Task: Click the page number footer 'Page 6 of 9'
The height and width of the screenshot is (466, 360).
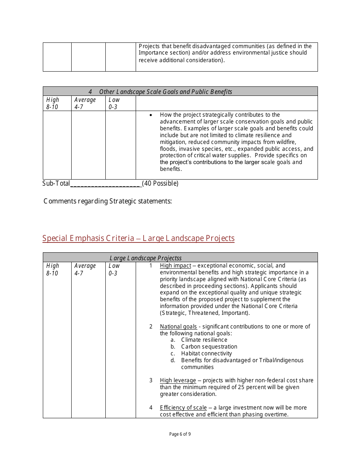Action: pyautogui.click(x=180, y=434)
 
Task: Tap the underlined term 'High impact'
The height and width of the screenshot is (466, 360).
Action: pyautogui.click(x=175, y=266)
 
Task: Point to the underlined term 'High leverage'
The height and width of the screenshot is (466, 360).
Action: pyautogui.click(x=178, y=380)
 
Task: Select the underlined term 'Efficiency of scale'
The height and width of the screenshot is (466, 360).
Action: pyautogui.click(x=183, y=408)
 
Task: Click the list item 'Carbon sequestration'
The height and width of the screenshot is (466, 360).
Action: pyautogui.click(x=209, y=347)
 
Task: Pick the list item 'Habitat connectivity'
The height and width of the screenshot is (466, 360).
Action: pyautogui.click(x=206, y=353)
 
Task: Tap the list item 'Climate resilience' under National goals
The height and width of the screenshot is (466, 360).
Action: pyautogui.click(x=204, y=340)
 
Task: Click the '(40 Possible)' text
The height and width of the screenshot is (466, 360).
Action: pyautogui.click(x=160, y=183)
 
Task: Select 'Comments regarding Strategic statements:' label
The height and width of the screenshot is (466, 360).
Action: pyautogui.click(x=108, y=201)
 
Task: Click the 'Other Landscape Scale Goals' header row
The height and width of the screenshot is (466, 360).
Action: pyautogui.click(x=160, y=92)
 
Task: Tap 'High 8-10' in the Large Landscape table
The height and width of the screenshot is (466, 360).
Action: pyautogui.click(x=53, y=269)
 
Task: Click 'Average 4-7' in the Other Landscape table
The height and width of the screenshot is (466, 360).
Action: pyautogui.click(x=85, y=103)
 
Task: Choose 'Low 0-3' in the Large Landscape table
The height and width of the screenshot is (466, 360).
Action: pyautogui.click(x=114, y=269)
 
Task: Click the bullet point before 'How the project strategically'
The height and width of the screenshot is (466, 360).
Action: pyautogui.click(x=151, y=115)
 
